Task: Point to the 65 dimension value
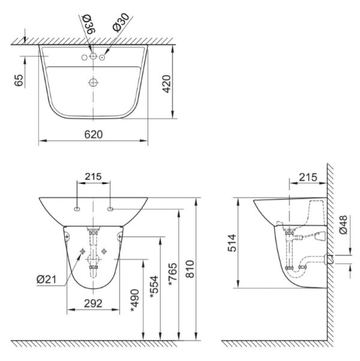[19, 80]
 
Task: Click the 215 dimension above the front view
[93, 177]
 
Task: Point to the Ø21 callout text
[46, 279]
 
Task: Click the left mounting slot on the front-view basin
[77, 208]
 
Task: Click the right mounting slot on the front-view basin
[110, 208]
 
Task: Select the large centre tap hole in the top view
[93, 56]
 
